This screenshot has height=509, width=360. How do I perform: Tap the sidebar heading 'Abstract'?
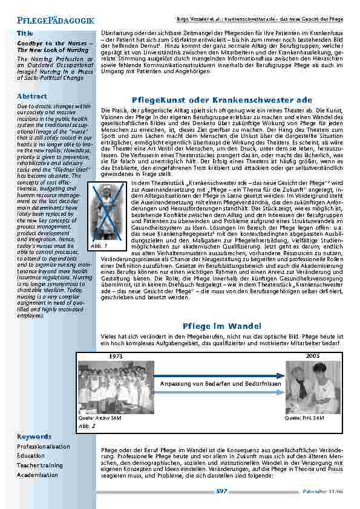(x=32, y=96)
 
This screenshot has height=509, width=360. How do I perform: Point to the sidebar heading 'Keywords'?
(x=34, y=436)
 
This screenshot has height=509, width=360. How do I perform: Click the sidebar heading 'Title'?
(x=25, y=33)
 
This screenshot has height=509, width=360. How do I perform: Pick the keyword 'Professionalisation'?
(x=43, y=446)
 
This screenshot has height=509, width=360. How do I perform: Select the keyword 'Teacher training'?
(x=40, y=465)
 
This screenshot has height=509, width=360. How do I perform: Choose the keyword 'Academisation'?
(x=38, y=475)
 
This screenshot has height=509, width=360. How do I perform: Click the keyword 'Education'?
(x=31, y=456)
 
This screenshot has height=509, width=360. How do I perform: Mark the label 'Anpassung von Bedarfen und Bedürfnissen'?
(x=221, y=384)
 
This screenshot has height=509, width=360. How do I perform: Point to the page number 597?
(x=221, y=491)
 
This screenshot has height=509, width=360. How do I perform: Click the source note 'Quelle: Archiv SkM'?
(x=94, y=418)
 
